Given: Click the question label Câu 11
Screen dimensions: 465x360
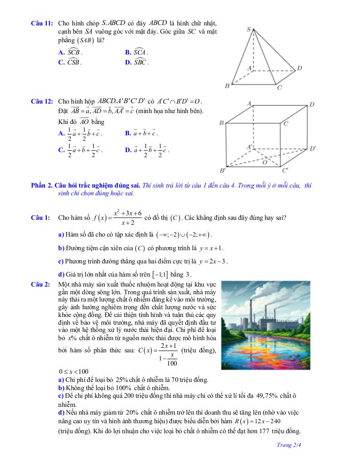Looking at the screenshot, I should tap(42, 23).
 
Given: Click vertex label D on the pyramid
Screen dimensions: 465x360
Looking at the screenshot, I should tap(300, 69).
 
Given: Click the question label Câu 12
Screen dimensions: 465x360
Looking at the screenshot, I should tap(42, 101).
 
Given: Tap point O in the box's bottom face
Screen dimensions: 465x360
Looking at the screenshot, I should tap(265, 162).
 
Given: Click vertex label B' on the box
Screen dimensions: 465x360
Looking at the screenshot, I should tap(222, 170).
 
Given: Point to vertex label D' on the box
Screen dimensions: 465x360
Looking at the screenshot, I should tap(313, 148).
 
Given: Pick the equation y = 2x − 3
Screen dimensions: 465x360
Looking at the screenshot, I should tap(213, 262).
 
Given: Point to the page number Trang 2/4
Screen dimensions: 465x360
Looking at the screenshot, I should tap(289, 445).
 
